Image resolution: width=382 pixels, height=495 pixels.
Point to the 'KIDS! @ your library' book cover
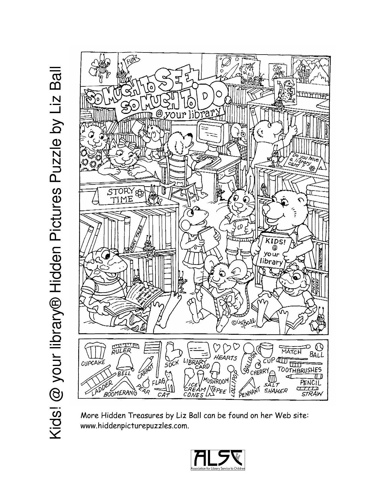tap(271, 250)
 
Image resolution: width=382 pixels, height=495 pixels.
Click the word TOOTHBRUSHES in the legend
tap(299, 369)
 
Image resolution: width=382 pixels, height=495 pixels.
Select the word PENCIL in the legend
tap(310, 383)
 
